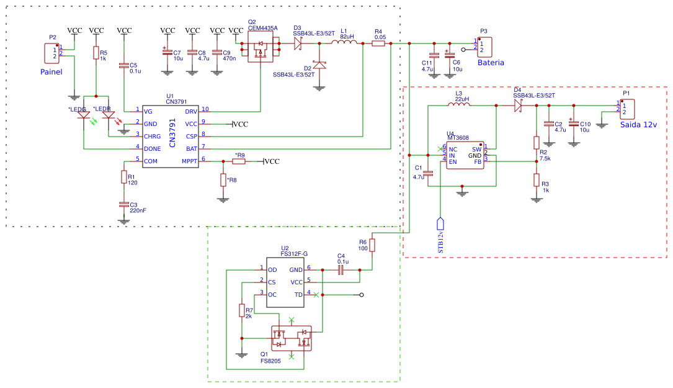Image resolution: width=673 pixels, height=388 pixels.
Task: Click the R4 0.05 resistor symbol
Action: [378, 43]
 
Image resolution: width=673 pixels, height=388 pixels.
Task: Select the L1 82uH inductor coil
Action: [343, 43]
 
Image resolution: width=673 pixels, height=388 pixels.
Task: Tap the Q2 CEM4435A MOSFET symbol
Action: [261, 48]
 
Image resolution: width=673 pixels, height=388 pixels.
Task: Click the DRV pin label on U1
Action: [191, 111]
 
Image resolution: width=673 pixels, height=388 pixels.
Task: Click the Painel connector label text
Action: [51, 72]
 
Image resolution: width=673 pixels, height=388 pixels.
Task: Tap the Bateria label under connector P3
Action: [491, 63]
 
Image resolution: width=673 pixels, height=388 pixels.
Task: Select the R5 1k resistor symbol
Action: [96, 54]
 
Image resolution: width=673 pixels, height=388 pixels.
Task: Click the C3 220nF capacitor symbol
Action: [124, 204]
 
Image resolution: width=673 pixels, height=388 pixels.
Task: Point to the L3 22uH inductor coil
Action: [458, 106]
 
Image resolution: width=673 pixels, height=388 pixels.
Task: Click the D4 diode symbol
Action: [518, 106]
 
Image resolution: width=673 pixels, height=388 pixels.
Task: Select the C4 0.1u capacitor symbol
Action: [341, 269]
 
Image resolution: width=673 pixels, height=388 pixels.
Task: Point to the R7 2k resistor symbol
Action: [242, 310]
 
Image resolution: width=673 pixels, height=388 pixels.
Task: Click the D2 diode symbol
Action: [319, 65]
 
